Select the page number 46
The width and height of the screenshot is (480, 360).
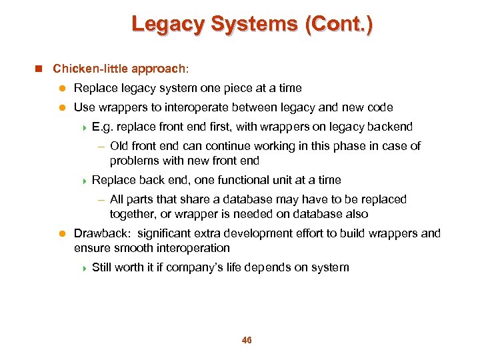click(247, 341)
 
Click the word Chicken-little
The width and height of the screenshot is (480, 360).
click(87, 69)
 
